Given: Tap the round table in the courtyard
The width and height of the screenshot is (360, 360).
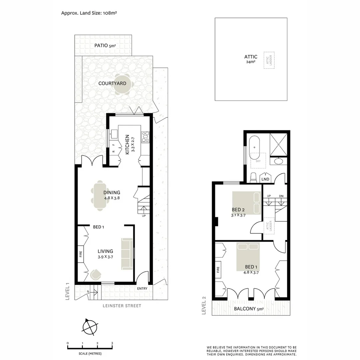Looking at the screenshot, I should [120, 84].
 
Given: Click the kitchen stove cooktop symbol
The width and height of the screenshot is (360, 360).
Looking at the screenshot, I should [146, 137].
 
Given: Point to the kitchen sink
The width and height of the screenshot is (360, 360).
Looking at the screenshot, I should [113, 134].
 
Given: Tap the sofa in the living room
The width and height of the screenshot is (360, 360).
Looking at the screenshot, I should [127, 254].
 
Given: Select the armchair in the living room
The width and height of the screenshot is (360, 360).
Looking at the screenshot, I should [96, 274].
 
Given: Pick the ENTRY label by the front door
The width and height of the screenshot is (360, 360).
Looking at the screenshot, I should [142, 289].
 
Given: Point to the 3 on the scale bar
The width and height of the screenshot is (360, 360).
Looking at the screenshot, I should [112, 343].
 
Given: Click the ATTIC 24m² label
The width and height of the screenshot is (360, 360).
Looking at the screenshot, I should [251, 59].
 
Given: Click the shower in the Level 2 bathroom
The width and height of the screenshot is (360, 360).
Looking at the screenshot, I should [278, 145].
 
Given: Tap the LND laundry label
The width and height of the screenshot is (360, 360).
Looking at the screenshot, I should [265, 179].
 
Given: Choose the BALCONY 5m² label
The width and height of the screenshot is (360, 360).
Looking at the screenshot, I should [249, 309].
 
